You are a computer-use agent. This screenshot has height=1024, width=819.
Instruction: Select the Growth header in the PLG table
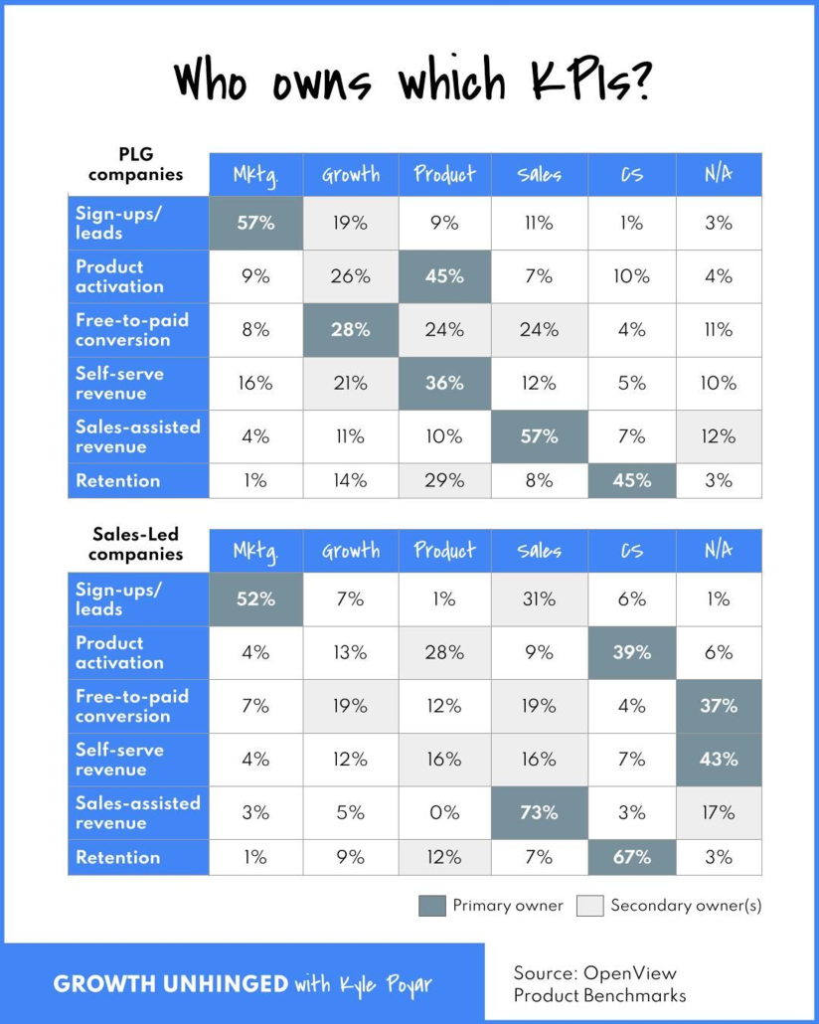351,175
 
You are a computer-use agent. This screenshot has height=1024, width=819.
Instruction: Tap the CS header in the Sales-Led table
632,551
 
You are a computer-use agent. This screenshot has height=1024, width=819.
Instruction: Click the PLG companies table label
135,164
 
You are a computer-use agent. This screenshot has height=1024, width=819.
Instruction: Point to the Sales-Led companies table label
135,545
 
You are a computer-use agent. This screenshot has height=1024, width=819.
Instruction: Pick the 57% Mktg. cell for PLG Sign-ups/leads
256,223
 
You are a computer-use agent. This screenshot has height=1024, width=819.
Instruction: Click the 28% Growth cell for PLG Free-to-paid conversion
351,330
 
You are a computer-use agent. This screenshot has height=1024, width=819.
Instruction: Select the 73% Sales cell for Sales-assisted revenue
539,812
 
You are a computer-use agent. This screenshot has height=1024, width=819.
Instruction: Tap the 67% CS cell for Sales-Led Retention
632,857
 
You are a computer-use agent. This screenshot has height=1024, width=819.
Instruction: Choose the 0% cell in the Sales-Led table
444,812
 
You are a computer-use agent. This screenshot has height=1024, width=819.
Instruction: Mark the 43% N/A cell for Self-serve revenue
719,760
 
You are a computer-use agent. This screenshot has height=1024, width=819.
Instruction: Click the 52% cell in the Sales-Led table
256,599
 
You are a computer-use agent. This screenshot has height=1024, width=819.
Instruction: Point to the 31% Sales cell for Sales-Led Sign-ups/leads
539,599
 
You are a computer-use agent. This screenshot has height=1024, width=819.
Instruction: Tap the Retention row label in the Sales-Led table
117,857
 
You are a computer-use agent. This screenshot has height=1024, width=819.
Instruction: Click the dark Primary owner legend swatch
431,906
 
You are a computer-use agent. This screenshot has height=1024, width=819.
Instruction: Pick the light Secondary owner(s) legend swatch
590,906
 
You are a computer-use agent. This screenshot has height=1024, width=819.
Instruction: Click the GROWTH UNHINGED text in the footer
170,984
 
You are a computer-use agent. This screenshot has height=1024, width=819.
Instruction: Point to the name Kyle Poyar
392,985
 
